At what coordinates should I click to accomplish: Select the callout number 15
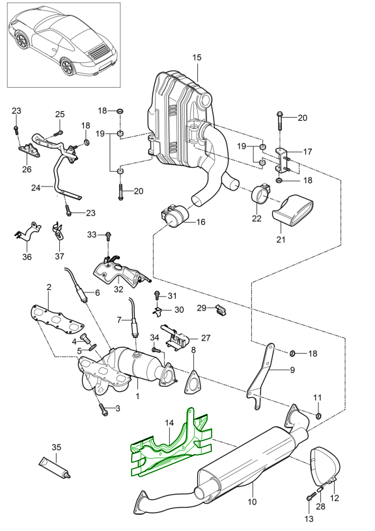[197, 58]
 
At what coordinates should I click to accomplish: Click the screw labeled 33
[109, 235]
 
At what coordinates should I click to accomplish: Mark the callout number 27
[206, 338]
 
